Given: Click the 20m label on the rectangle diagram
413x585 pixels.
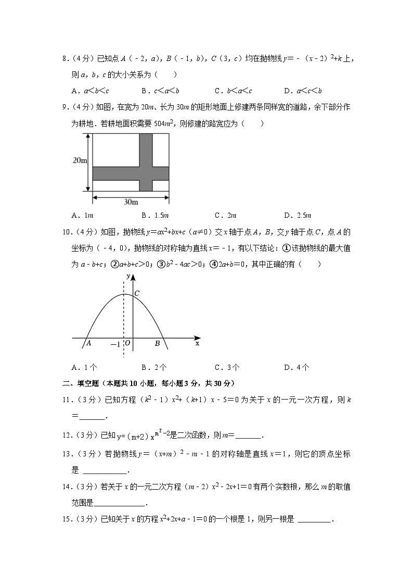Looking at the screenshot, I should coord(80,161).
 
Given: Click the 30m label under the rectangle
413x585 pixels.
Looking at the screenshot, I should coord(131,202).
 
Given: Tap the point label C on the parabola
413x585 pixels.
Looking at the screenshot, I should coord(137,294).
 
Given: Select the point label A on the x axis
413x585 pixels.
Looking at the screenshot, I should coord(89,343).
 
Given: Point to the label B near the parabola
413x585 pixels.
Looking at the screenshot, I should coord(157,344).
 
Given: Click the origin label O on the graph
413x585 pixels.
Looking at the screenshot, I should coord(127,344).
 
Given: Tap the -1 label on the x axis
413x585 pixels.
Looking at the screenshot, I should coord(115,344).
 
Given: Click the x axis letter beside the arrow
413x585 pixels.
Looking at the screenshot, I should coord(197,343).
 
